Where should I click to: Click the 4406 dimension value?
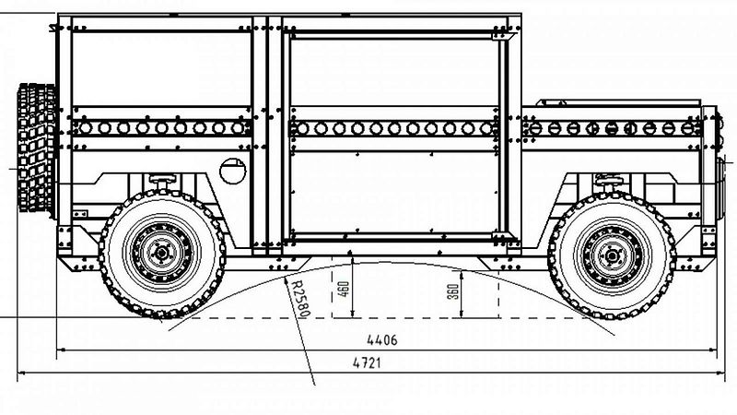click(x=381, y=339)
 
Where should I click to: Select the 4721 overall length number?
click(x=367, y=362)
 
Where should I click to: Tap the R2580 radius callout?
click(x=301, y=298)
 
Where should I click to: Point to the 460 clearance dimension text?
click(x=344, y=289)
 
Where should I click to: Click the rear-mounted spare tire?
click(x=36, y=148)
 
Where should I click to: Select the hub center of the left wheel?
click(x=162, y=253)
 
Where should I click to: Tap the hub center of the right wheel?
click(x=612, y=255)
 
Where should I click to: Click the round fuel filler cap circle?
click(x=233, y=171)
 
